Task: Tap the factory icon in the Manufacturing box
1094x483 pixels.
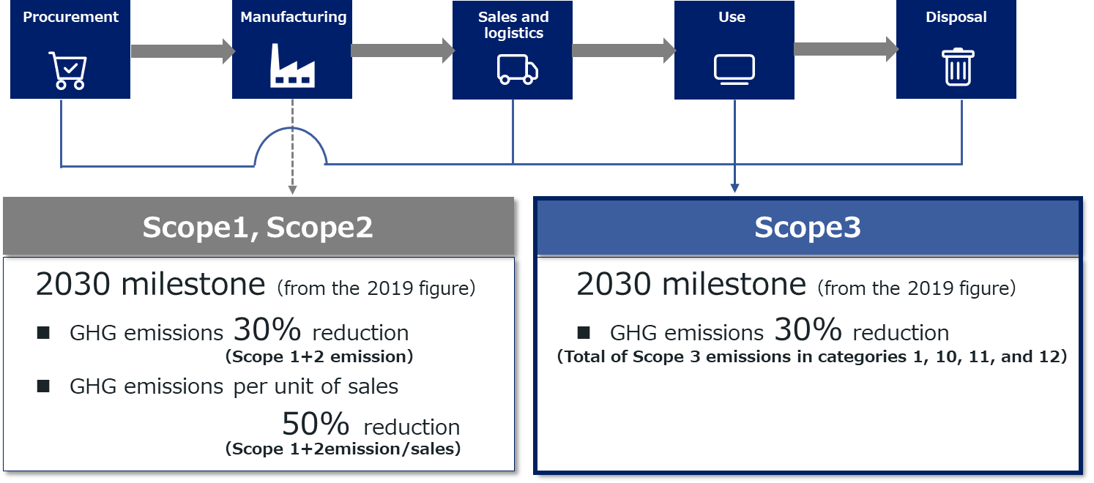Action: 292,66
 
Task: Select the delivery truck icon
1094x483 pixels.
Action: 518,70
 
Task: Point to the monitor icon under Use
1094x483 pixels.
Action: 734,70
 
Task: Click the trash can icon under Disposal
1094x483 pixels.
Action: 958,67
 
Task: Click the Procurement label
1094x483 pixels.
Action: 71,17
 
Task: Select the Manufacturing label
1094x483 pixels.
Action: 294,17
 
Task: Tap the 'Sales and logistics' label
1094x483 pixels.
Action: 513,25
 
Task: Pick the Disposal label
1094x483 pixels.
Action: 956,17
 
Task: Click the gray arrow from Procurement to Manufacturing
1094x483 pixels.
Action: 183,51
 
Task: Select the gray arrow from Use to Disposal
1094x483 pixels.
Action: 846,49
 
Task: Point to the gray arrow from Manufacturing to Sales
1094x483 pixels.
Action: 403,50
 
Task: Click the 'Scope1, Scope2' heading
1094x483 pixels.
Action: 258,228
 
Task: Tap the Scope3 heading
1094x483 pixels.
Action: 808,228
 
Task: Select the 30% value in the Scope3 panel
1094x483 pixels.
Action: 808,329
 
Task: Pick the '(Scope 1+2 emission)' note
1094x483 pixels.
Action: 319,356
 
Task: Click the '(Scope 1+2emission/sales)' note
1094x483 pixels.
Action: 343,449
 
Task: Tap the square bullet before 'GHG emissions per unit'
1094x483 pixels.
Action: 43,386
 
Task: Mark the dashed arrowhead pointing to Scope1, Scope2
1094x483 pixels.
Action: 293,190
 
